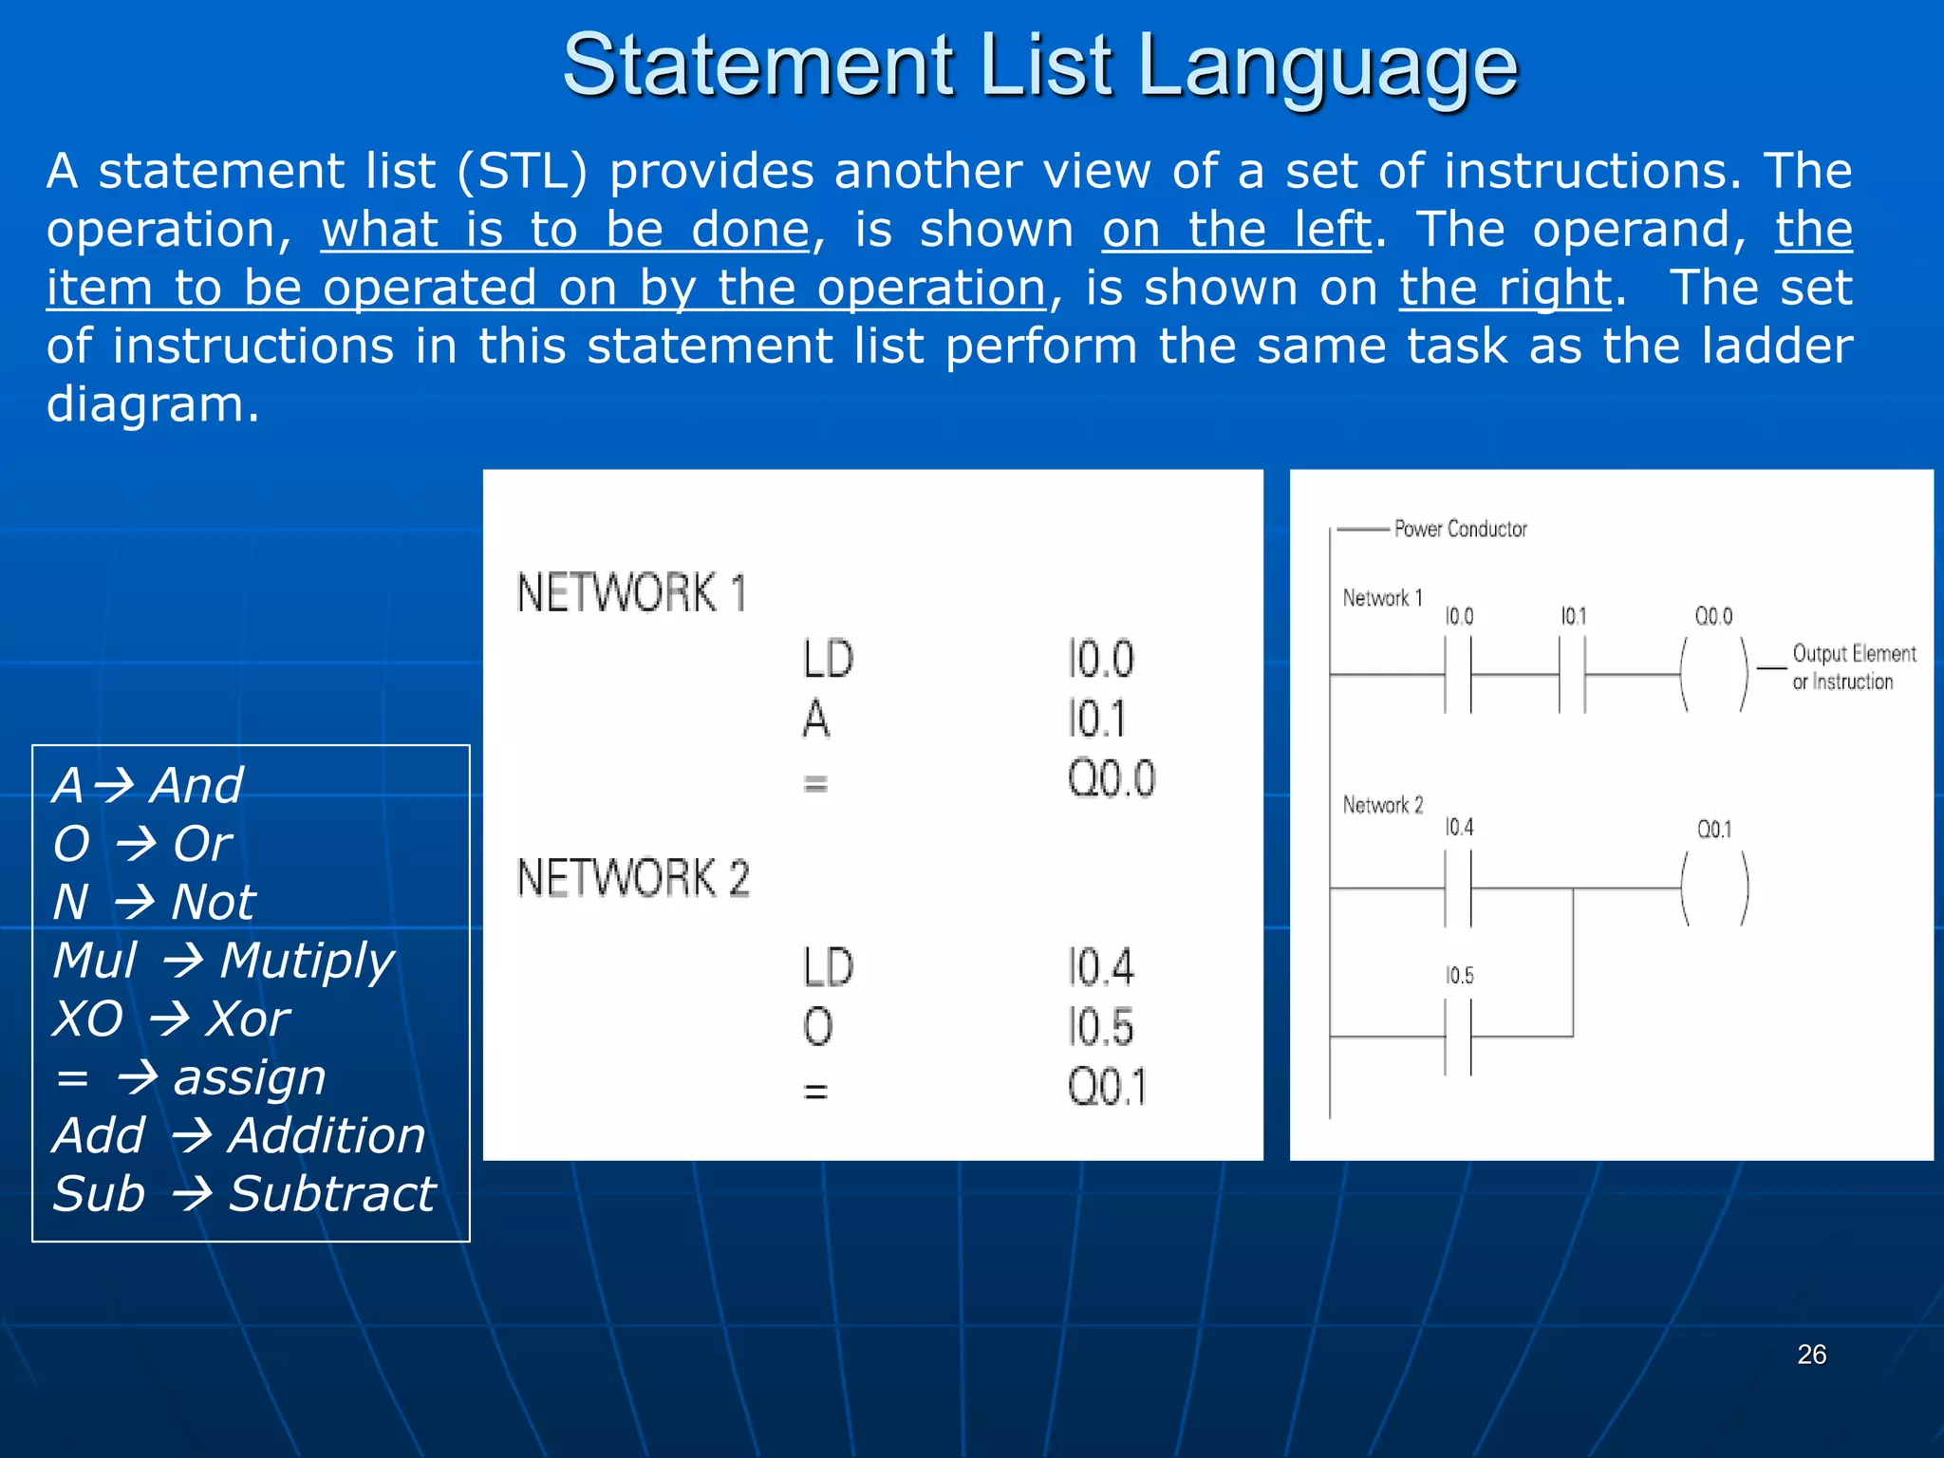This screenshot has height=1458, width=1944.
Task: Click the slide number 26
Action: (x=1811, y=1355)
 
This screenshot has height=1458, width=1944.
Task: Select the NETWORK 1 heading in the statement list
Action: (x=631, y=593)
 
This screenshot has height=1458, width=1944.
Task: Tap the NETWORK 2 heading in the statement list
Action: (x=633, y=878)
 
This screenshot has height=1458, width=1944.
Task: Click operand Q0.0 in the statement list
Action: (x=1111, y=779)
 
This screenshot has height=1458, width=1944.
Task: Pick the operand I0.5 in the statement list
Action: (x=1100, y=1027)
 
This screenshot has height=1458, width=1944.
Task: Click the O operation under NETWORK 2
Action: (x=817, y=1027)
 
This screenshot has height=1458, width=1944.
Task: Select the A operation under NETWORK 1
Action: (x=815, y=719)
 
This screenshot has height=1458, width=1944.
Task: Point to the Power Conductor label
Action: (x=1460, y=529)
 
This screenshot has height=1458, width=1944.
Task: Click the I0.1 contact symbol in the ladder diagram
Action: (x=1572, y=675)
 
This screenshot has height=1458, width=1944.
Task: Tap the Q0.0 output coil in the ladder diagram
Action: (x=1714, y=675)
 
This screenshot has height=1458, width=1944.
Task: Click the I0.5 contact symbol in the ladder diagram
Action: (x=1458, y=1037)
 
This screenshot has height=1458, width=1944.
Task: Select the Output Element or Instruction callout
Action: (x=1852, y=667)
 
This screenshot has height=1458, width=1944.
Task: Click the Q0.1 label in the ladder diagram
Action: (x=1714, y=830)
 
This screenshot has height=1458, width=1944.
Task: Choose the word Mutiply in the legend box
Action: (x=307, y=961)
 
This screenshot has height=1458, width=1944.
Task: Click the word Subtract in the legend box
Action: (x=332, y=1194)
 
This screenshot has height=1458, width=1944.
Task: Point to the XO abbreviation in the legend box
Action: (x=87, y=1019)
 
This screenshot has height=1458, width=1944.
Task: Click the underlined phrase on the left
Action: (x=1237, y=230)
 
